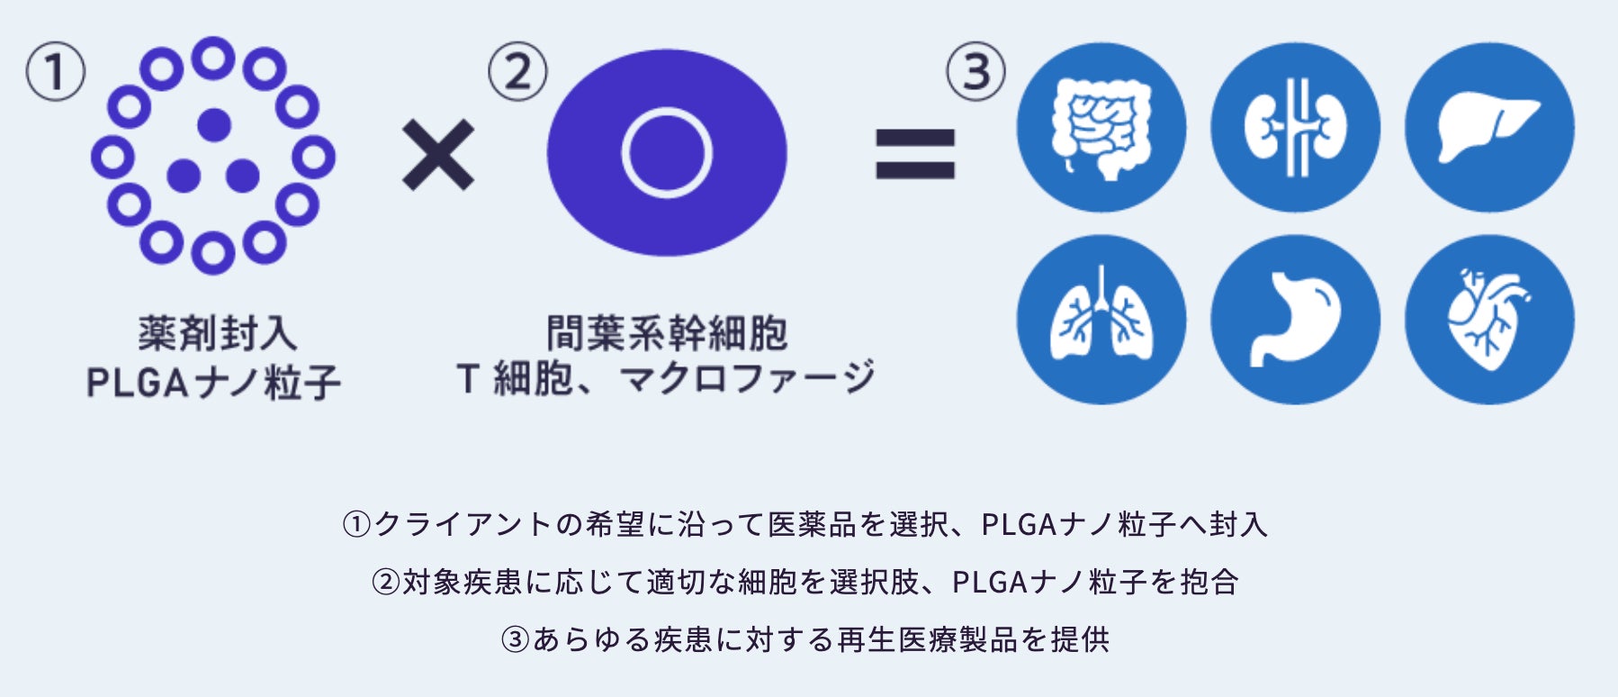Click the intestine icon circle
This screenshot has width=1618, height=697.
tap(1101, 127)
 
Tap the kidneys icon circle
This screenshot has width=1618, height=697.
tap(1295, 127)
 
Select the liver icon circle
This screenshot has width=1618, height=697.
tap(1489, 127)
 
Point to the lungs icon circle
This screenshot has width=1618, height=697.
tap(1101, 320)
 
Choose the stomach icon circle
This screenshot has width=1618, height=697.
tap(1295, 320)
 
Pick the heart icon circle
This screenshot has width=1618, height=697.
tap(1489, 320)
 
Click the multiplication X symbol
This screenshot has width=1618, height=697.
tap(438, 156)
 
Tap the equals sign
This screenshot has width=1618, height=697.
tap(915, 154)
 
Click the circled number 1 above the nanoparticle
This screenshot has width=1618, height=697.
tap(56, 72)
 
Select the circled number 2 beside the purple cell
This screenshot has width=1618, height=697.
tap(517, 72)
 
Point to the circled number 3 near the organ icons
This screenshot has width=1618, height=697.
tap(975, 72)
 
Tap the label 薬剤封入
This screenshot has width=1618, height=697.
tap(217, 333)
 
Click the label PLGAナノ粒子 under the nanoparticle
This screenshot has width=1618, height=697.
tap(214, 382)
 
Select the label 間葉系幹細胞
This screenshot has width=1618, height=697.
tap(667, 333)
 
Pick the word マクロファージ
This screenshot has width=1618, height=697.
tap(747, 378)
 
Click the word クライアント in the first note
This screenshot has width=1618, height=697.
tap(463, 524)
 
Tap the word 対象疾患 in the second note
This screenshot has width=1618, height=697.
tap(462, 582)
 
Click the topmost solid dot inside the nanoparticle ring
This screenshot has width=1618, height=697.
tap(214, 125)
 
